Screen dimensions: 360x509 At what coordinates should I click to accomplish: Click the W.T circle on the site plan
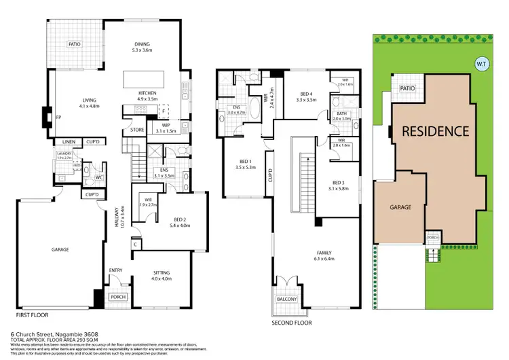[x=481, y=65]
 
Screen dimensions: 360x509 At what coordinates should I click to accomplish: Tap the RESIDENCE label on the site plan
[x=435, y=131]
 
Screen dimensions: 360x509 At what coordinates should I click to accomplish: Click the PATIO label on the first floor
[x=74, y=44]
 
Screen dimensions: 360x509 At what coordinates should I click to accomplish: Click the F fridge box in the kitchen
[x=163, y=111]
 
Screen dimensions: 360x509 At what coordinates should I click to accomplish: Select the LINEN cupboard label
[x=69, y=141]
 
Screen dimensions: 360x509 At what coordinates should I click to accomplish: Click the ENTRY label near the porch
[x=115, y=270]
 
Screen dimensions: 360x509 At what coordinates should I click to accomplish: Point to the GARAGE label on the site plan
[x=399, y=207]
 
